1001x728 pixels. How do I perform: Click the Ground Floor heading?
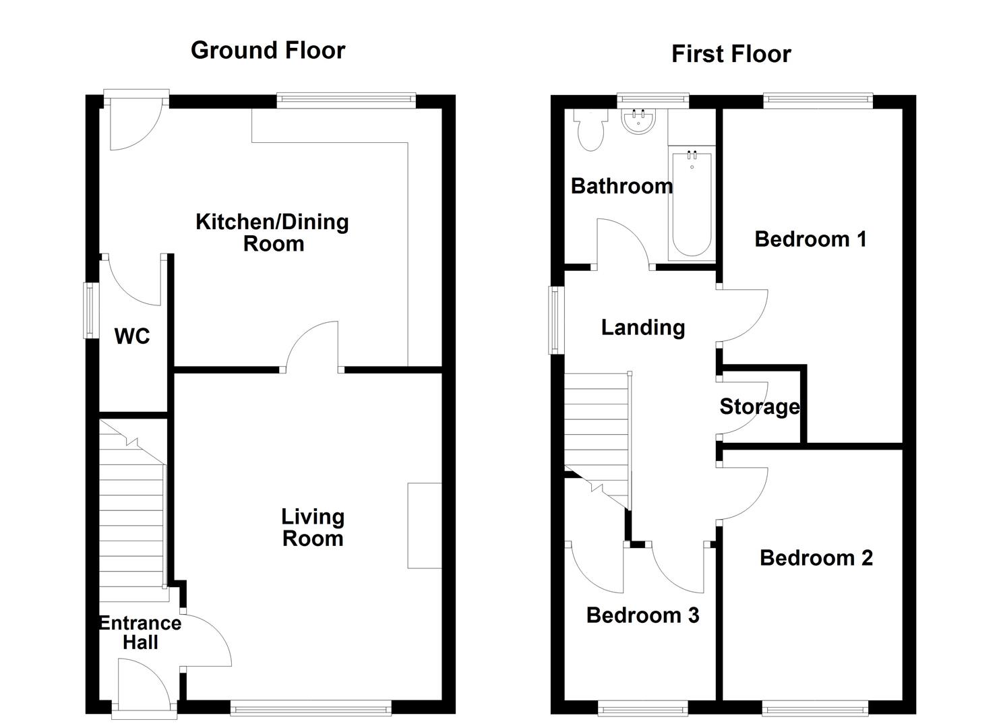point(268,50)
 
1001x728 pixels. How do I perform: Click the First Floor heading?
point(731,54)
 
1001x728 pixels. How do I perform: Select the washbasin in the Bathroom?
point(638,121)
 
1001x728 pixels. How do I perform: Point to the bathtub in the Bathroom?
point(692,204)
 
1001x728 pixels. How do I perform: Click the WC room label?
point(132,336)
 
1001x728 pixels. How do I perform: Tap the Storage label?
point(760,407)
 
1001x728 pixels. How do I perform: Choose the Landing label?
point(643,328)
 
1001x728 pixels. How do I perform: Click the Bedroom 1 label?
point(811,239)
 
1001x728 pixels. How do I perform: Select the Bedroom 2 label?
point(816,558)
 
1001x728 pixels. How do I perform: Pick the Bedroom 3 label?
point(642,615)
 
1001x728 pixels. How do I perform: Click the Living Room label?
point(313,528)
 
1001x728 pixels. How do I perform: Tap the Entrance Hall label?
point(140,633)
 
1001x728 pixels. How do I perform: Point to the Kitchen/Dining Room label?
point(272,233)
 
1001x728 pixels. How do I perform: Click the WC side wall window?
point(92,310)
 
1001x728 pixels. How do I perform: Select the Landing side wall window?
point(556,320)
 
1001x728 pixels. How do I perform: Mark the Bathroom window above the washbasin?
point(653,101)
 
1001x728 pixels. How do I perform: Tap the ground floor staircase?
point(133,510)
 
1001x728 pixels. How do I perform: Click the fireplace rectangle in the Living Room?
point(425,526)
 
